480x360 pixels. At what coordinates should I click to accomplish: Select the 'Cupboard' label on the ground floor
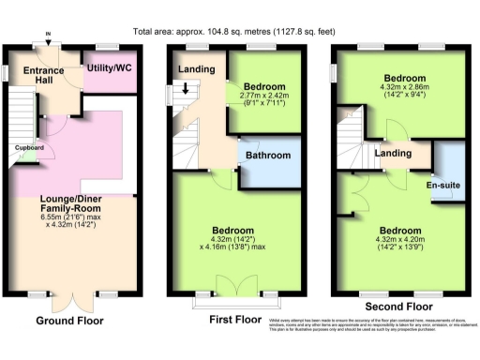(28, 147)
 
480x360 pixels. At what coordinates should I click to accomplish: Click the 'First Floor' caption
(235, 319)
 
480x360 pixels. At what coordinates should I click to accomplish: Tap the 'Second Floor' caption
(400, 306)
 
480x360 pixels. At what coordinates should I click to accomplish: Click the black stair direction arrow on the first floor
(185, 90)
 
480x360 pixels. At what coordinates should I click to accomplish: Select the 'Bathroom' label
(265, 155)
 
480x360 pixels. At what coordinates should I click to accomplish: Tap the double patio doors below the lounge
(70, 301)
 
